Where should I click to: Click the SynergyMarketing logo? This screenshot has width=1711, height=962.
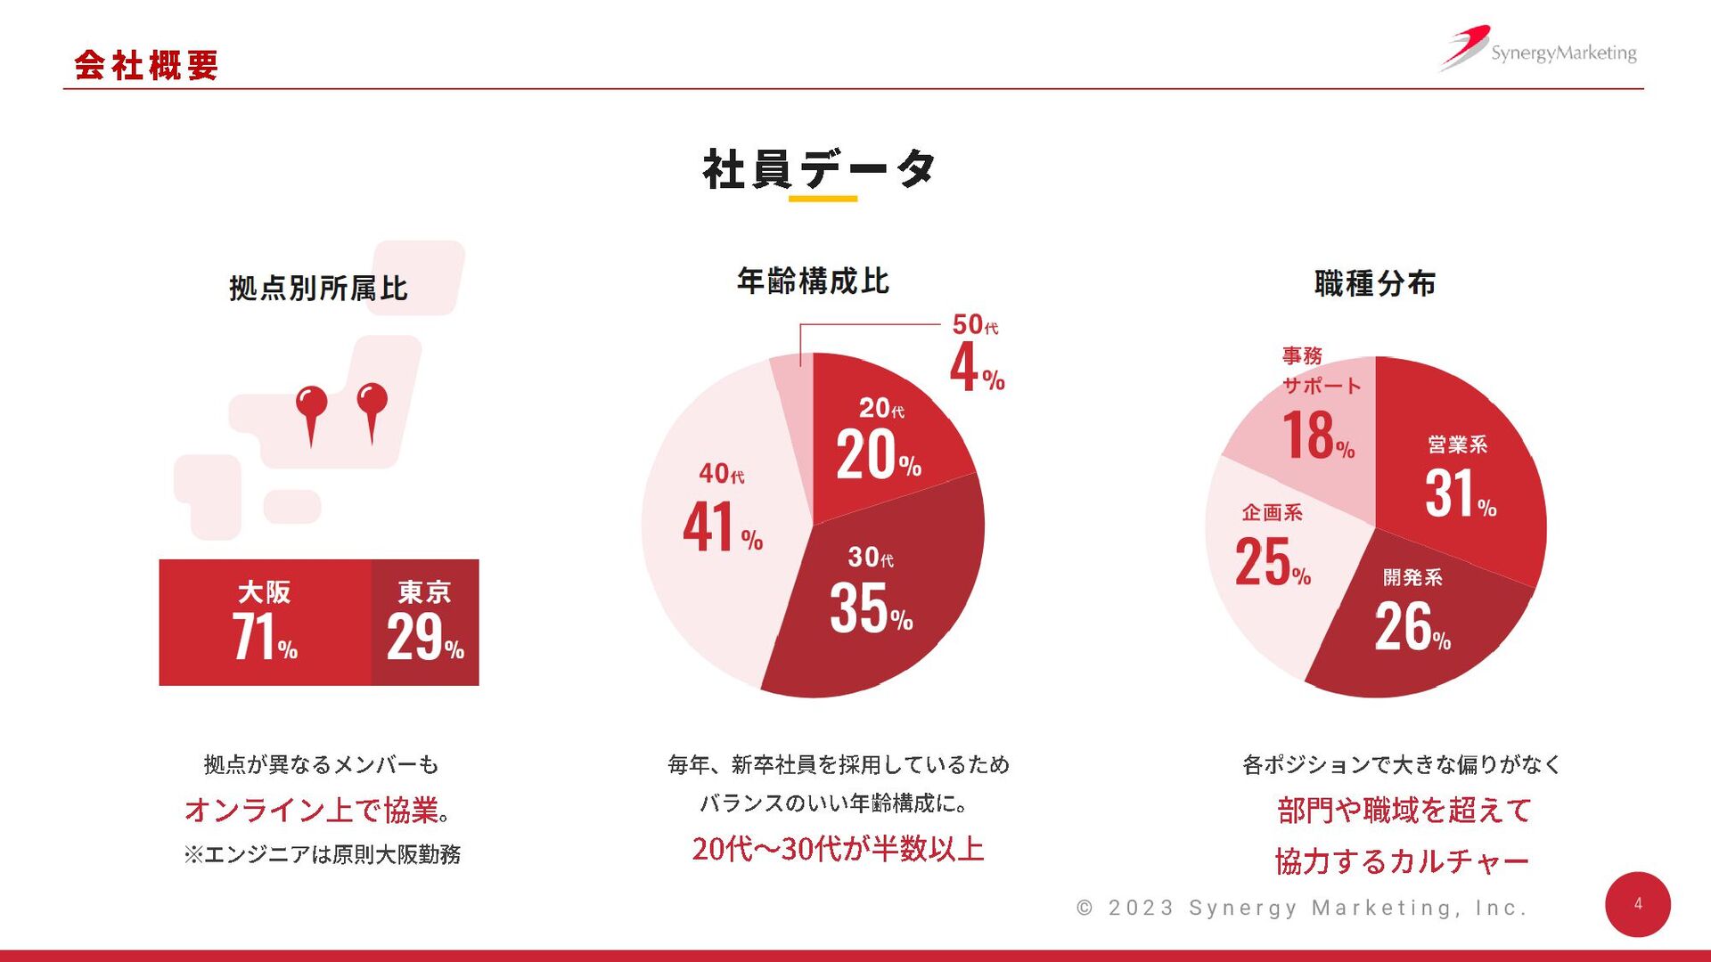(x=1539, y=50)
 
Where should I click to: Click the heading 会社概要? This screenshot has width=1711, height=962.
(x=146, y=65)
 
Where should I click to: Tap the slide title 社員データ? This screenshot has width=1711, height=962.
(x=819, y=169)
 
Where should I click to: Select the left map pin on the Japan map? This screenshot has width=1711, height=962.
(x=311, y=410)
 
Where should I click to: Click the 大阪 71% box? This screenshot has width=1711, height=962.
(x=265, y=623)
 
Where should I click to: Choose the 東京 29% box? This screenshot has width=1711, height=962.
(x=425, y=623)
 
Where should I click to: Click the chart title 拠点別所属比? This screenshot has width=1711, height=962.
(x=318, y=288)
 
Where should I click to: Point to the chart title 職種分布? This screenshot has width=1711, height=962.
(x=1375, y=283)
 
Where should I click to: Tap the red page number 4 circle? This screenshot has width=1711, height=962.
(x=1637, y=904)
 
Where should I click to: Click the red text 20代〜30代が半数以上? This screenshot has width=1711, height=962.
(x=838, y=849)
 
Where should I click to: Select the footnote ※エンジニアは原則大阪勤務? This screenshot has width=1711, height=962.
(x=323, y=855)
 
